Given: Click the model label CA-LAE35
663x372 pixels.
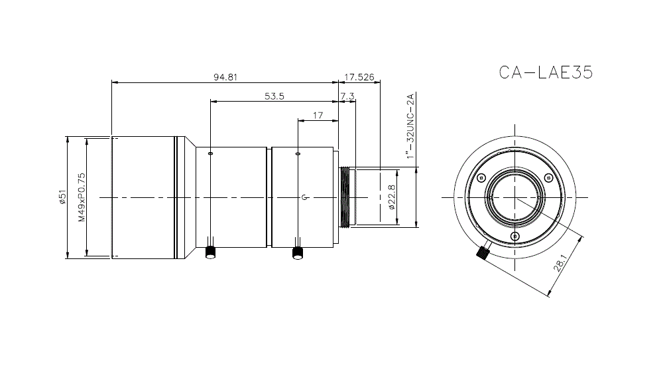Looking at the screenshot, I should click(x=545, y=72).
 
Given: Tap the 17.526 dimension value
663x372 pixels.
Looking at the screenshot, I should click(x=359, y=76).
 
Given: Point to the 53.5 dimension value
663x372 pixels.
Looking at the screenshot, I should click(x=274, y=96).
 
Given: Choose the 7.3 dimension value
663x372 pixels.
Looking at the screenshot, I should click(x=347, y=96).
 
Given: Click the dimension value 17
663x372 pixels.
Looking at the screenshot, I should click(x=317, y=115).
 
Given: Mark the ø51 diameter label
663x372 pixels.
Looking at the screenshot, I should click(x=62, y=197).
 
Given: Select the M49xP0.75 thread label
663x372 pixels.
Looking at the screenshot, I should click(x=82, y=197).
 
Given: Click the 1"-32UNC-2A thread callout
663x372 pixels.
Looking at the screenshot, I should click(x=410, y=127).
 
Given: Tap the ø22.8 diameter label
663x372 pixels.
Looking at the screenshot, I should click(x=391, y=197).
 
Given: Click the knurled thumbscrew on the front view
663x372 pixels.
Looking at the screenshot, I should click(x=483, y=254).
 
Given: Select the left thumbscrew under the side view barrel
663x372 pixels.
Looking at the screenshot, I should click(x=211, y=252).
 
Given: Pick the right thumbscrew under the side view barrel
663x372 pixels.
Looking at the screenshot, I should click(x=298, y=252).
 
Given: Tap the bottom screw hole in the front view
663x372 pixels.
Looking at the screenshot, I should click(x=514, y=236).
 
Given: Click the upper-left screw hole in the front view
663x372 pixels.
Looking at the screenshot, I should click(x=481, y=177).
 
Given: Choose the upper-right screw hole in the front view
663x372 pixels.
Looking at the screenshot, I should click(x=548, y=177).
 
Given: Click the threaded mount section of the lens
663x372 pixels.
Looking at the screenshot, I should click(x=345, y=197).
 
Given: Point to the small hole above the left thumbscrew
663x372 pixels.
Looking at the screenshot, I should click(x=211, y=153).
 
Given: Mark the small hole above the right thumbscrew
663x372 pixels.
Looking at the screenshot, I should click(x=298, y=153).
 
